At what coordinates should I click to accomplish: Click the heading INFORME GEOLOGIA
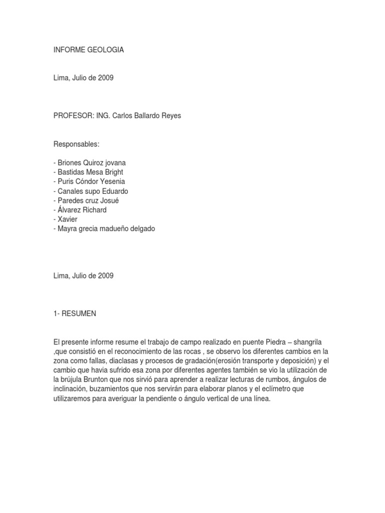(89, 50)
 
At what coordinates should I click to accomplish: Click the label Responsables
(77, 144)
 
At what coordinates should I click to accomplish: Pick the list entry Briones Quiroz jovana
(91, 163)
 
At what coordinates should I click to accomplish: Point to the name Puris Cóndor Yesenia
(90, 182)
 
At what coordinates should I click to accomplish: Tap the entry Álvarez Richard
(80, 210)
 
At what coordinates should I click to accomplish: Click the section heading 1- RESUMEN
(75, 314)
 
